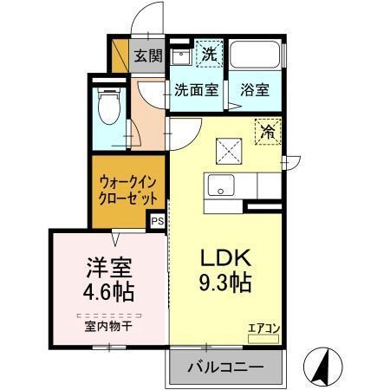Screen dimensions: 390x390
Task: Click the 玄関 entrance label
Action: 148,56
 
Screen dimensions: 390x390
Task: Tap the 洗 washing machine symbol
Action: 208,54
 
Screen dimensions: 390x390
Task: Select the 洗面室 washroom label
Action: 194,88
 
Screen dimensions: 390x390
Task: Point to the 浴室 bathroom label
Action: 255,88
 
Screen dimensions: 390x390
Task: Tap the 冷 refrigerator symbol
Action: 269,133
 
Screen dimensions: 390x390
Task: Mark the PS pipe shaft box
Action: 157,222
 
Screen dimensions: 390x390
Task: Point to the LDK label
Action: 226,258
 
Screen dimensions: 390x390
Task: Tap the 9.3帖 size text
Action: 226,283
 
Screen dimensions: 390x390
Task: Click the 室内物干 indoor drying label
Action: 109,327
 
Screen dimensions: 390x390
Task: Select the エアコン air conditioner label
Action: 263,328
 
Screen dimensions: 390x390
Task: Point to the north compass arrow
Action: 322,365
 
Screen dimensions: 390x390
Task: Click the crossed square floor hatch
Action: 229,148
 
